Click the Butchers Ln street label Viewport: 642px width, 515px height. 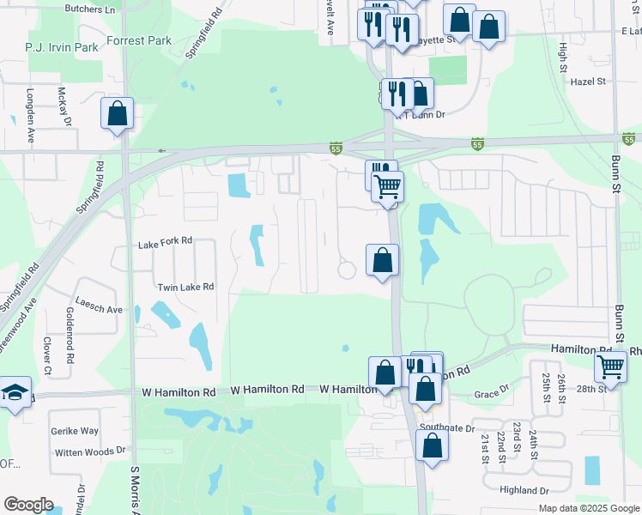coord(90,9)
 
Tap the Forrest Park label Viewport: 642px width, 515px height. coord(140,40)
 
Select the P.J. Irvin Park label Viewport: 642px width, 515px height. coord(62,47)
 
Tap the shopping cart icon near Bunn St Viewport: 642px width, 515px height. coord(610,367)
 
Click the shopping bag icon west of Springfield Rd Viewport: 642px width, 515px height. coord(117,113)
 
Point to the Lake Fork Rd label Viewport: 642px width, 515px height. coord(165,243)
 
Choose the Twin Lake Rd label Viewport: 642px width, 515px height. coord(185,287)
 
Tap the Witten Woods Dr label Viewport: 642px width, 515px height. coord(90,451)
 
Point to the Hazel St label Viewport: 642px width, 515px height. coord(588,82)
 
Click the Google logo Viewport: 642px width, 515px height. coord(28,505)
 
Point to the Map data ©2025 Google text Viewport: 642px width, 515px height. coord(589,508)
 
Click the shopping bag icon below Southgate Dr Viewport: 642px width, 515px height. coord(432,445)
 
